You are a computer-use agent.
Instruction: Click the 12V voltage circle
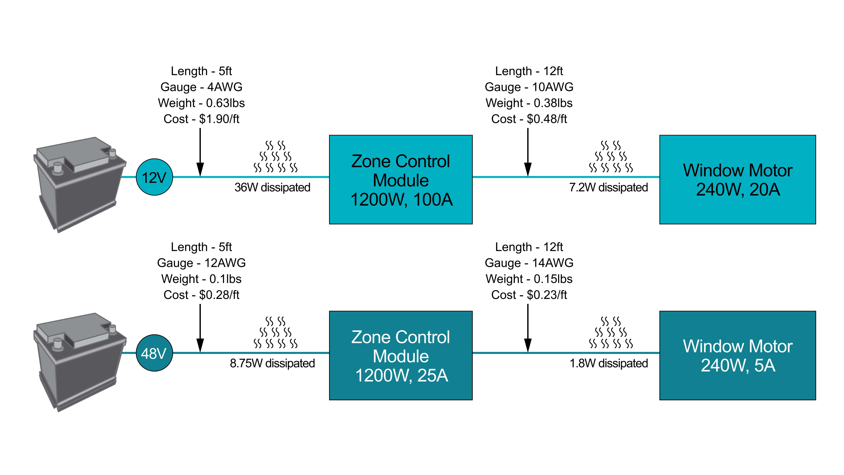154,177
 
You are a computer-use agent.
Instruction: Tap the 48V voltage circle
154,353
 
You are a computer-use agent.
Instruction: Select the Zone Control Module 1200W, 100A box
401,180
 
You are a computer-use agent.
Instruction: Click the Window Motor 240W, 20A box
737,180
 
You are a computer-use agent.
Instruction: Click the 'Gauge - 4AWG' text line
201,87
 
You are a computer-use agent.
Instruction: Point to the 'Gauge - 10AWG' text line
529,87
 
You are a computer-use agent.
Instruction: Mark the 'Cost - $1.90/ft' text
201,119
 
